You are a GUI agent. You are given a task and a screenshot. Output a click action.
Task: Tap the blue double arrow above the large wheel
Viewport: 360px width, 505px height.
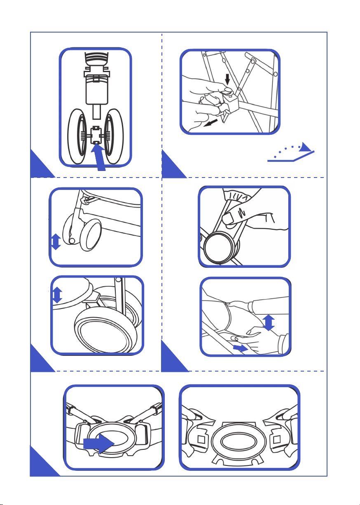pos(57,295)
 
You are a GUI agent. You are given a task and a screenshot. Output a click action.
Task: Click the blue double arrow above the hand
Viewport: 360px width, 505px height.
pos(269,323)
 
